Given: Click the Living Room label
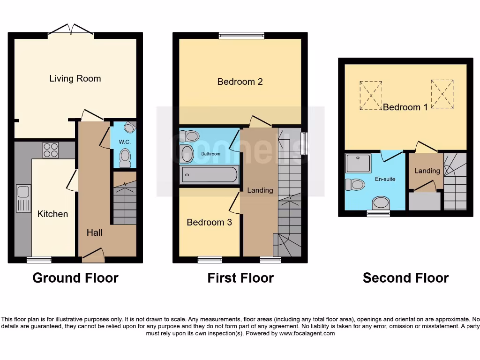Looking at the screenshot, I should point(75,78).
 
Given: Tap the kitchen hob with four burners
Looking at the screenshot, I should point(51,150).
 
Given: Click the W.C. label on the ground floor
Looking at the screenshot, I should point(124,142).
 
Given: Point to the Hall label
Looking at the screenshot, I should point(94,232).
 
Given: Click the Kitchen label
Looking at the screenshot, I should point(52,214).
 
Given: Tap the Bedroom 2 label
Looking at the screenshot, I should point(240,82).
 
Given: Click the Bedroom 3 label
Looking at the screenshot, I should point(209,222).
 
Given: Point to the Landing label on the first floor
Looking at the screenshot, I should point(260,190).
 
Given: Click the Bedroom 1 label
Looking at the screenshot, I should point(405,107).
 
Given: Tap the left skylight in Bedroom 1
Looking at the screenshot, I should point(371,96).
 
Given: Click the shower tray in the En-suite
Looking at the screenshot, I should point(358,163).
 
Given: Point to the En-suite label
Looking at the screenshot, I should point(385,179).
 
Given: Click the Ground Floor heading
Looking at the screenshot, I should point(75,278).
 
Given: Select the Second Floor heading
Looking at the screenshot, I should point(405,278).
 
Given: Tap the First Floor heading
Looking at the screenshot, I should point(240,278).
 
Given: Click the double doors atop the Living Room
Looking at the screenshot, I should point(71,30).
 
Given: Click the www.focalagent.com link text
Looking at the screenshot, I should point(307,333).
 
